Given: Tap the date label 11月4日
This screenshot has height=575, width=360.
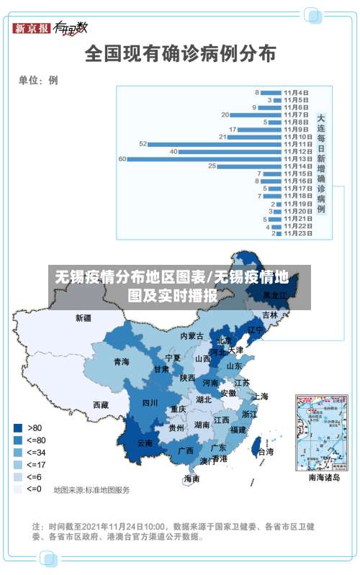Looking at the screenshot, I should [x=296, y=92].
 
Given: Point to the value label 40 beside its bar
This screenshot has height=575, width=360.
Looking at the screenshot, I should [x=174, y=151].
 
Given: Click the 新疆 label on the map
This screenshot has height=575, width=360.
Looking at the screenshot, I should [x=84, y=317].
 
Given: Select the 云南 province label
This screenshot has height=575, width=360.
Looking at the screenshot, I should [x=145, y=443].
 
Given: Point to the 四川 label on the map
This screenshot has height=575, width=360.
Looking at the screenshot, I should [x=149, y=403].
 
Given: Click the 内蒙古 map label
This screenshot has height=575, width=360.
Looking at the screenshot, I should [x=192, y=335].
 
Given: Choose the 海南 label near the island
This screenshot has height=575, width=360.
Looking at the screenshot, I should [x=192, y=478].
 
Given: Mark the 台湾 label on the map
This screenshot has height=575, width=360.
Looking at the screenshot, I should [x=265, y=452].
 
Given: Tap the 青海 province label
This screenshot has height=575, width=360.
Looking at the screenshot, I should [x=121, y=362].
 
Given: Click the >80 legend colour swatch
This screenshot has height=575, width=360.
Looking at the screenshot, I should [x=17, y=426].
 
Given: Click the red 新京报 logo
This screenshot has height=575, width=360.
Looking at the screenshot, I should [x=31, y=28].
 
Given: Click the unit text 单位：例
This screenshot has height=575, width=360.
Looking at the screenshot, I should [x=38, y=80].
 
